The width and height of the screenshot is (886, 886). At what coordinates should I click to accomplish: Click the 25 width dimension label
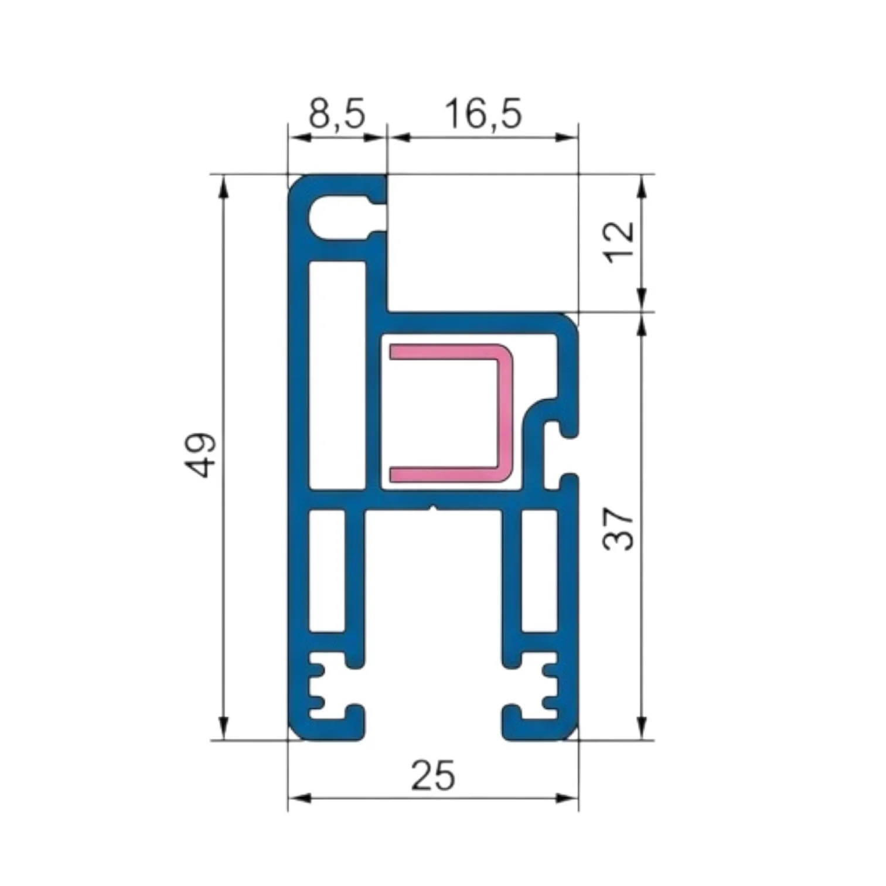(x=432, y=775)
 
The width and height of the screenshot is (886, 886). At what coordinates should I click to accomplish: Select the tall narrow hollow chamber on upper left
(x=337, y=375)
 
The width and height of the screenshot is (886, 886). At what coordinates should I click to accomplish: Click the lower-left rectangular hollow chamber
(x=327, y=571)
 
